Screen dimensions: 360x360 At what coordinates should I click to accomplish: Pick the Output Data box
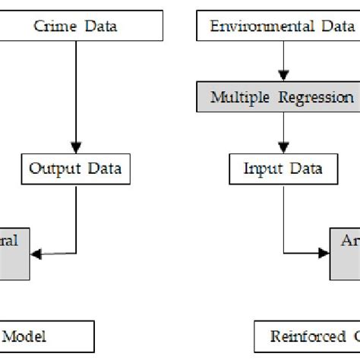click(x=75, y=167)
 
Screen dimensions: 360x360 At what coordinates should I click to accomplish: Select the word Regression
click(x=320, y=98)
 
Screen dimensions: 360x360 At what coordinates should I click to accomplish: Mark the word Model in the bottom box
click(x=27, y=336)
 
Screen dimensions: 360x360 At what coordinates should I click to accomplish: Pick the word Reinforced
click(x=300, y=336)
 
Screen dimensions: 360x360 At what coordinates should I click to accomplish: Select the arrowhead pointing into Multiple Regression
click(x=283, y=79)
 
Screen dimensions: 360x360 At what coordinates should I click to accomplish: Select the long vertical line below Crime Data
click(x=75, y=91)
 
